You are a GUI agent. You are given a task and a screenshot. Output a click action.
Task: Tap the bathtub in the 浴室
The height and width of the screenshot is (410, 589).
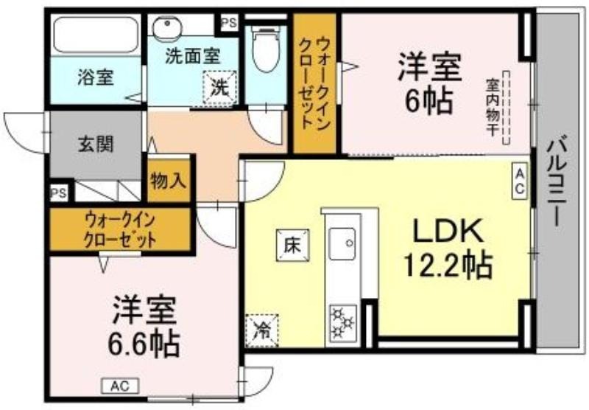click(x=96, y=35)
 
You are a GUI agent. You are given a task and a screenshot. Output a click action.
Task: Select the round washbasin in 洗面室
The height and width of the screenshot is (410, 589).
click(x=168, y=27)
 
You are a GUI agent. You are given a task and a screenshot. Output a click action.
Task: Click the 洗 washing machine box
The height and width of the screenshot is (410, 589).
click(x=219, y=88)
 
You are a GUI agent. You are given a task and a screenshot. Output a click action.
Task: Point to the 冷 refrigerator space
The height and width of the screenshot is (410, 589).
click(x=261, y=330)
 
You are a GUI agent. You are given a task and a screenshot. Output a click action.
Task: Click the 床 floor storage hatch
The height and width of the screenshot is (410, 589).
click(x=293, y=246)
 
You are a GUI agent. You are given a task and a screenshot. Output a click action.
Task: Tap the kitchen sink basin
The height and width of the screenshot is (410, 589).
click(x=342, y=244)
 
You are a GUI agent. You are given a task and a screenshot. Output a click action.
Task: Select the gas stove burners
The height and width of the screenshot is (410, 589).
click(x=343, y=323)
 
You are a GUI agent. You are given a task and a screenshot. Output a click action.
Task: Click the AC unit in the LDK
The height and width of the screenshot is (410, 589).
click(x=520, y=181)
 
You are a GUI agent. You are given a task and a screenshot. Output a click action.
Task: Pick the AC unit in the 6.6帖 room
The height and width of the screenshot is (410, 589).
click(x=120, y=386)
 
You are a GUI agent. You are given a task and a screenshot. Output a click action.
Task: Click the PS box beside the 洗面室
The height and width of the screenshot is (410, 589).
click(x=229, y=24)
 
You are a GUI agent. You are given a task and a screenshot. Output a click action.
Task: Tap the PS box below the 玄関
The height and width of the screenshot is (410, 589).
click(x=59, y=193)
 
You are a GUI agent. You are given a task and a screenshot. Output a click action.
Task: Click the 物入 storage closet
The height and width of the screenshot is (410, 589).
click(x=169, y=181)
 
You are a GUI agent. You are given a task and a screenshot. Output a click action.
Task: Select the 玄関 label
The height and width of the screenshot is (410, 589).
click(x=96, y=144)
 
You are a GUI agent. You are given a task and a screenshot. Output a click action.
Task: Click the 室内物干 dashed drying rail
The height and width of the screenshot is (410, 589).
click(x=507, y=108)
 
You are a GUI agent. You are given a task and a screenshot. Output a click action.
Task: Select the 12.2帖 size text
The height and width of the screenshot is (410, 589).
click(x=448, y=265)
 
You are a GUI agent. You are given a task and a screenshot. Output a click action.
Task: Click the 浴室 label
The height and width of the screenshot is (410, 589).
click(x=96, y=77)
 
